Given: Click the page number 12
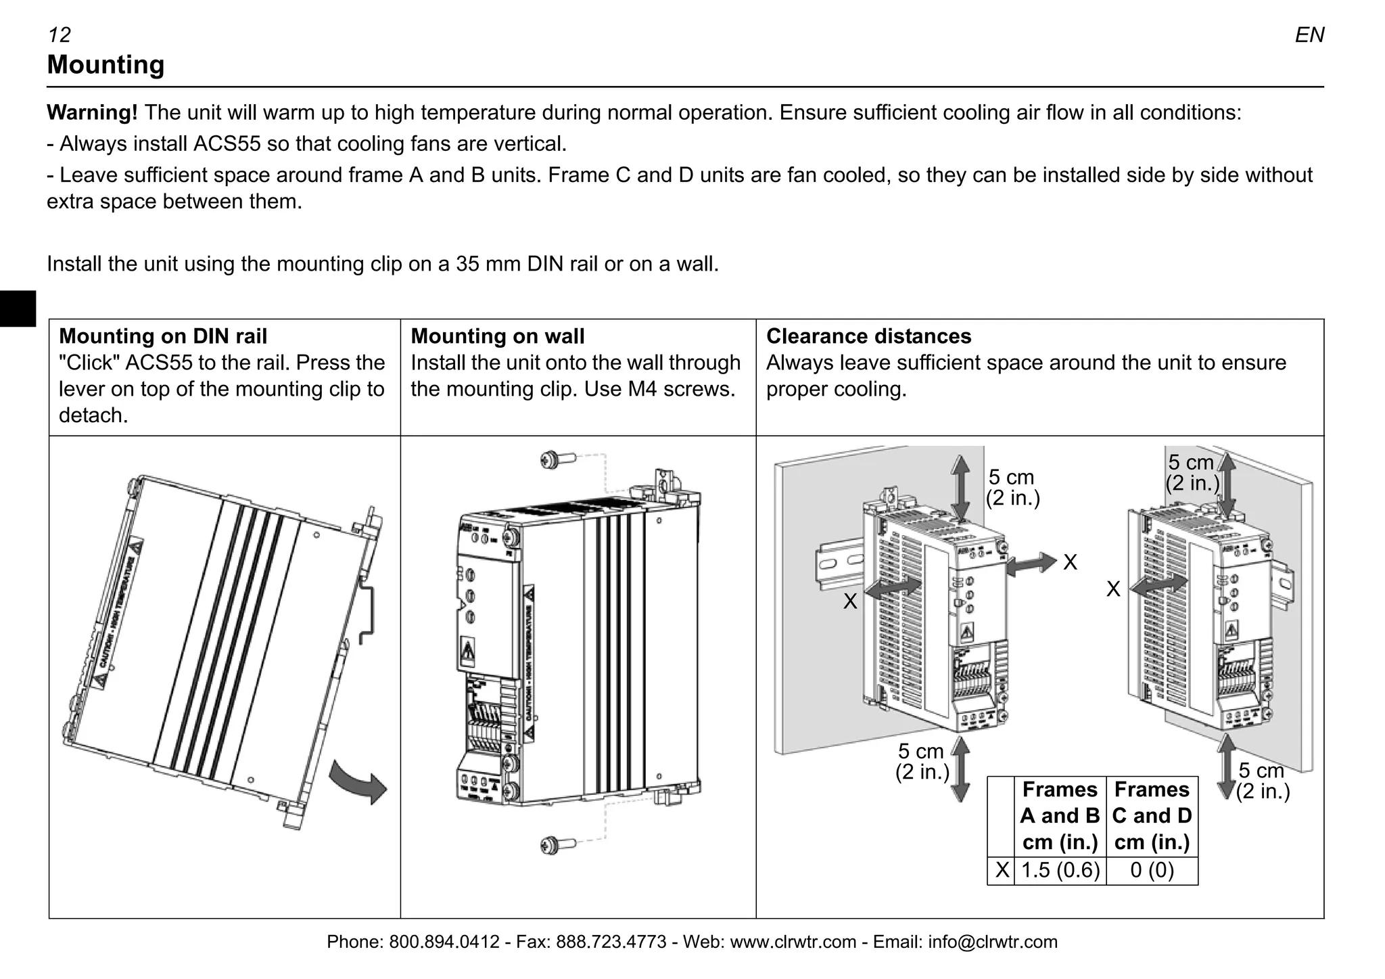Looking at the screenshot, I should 60,35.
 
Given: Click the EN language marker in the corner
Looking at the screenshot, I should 1309,35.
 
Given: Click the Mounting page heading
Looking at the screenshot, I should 105,65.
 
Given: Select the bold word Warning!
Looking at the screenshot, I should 92,112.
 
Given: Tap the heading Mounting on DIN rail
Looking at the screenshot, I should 163,336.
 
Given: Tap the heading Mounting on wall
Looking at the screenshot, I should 498,336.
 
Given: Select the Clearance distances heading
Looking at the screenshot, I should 868,336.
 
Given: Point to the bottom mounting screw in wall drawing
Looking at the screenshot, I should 556,845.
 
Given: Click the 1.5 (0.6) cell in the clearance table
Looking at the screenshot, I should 1060,870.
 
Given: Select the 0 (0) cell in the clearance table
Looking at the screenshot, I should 1152,870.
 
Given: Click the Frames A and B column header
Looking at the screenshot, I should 1060,816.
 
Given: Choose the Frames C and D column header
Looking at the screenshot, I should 1152,816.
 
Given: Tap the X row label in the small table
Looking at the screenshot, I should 1002,870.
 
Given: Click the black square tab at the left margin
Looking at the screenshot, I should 18,309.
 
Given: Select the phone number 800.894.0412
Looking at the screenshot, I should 444,942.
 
